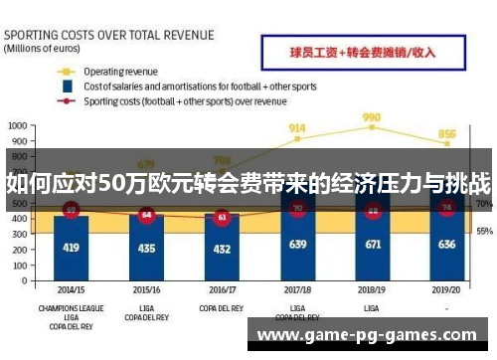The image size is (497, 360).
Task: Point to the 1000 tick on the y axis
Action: [x=18, y=127]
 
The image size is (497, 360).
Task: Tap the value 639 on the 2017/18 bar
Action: [x=297, y=244]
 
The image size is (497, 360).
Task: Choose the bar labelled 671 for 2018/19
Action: [x=373, y=244]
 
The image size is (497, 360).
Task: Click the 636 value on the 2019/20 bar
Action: [x=447, y=244]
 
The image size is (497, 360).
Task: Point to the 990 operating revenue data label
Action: [x=372, y=116]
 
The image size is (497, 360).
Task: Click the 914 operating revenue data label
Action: [x=296, y=128]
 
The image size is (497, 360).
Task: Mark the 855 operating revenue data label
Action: [x=447, y=134]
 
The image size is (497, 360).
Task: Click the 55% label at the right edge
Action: [x=484, y=231]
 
